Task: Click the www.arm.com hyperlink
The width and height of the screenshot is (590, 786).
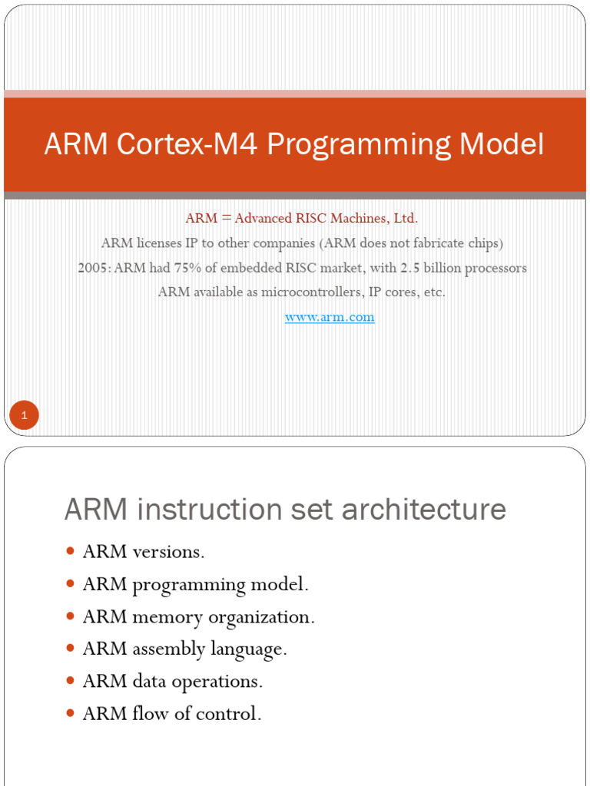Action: (330, 317)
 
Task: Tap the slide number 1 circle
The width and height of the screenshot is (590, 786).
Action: (24, 416)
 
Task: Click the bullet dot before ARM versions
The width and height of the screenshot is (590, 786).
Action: (71, 551)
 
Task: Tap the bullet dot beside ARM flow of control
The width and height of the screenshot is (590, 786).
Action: (71, 713)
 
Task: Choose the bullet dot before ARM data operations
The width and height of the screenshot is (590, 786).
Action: (71, 681)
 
